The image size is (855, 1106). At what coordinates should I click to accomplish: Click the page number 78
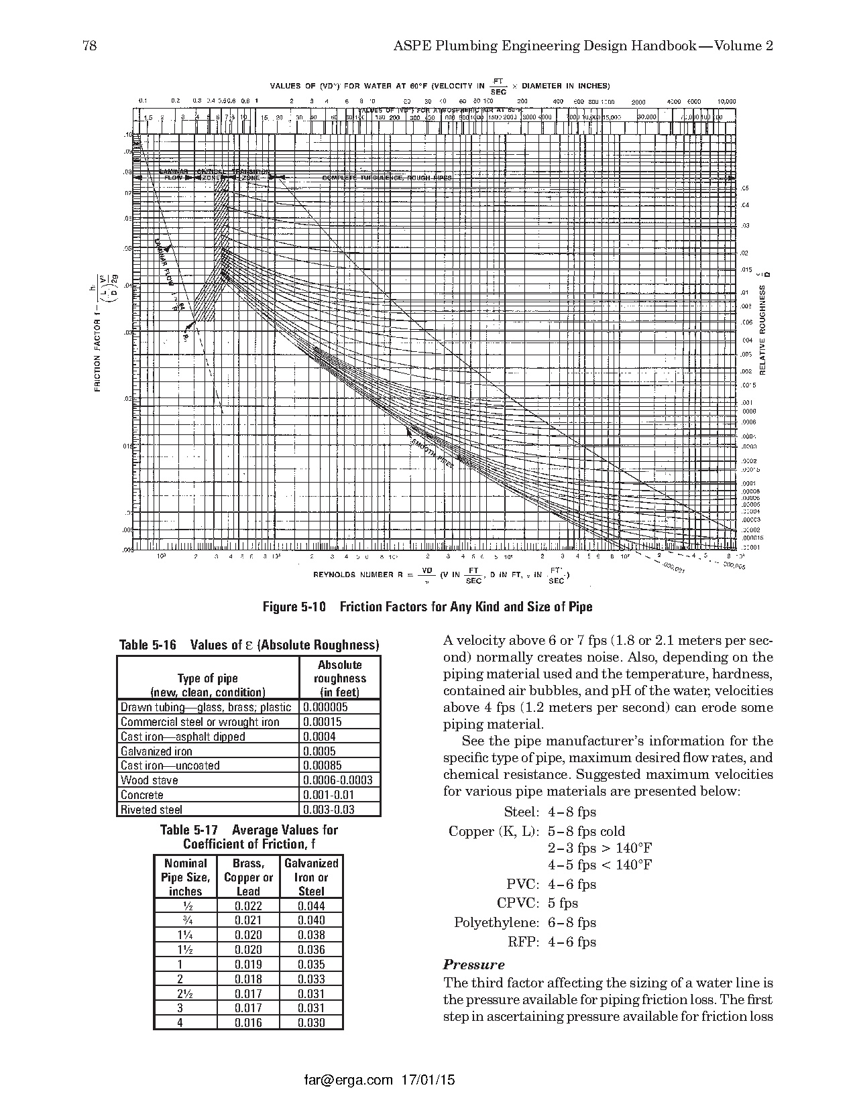(89, 46)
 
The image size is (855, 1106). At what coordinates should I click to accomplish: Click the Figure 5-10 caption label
(294, 607)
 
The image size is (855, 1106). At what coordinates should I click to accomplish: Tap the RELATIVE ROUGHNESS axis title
(762, 328)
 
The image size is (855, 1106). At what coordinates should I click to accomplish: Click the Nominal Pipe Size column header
(186, 877)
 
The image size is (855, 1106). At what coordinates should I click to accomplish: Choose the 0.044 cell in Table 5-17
(311, 906)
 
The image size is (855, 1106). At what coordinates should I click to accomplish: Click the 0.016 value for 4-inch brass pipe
(247, 1023)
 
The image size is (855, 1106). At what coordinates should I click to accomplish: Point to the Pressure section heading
(473, 965)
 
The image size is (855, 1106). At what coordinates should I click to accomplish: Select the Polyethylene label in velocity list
(496, 922)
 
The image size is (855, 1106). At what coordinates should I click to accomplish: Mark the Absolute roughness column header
(339, 678)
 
